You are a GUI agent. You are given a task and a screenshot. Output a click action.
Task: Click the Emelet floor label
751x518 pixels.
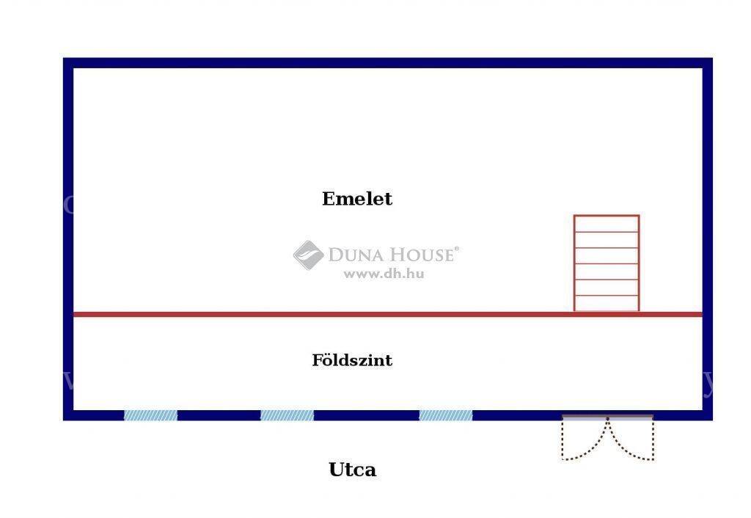[357, 198]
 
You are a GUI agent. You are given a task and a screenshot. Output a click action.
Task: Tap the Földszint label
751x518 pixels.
[352, 360]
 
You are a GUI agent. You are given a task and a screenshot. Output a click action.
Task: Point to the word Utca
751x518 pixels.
[353, 470]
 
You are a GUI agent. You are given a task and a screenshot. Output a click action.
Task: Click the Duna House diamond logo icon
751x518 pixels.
[309, 255]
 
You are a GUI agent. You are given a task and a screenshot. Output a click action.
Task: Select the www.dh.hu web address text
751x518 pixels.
[384, 274]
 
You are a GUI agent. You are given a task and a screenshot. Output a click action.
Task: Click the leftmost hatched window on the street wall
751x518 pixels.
[150, 415]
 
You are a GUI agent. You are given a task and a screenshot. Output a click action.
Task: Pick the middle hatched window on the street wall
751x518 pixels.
[287, 415]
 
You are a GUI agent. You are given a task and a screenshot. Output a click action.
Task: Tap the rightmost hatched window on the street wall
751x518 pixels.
[445, 415]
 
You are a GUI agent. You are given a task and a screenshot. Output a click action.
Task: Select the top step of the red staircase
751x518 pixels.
[607, 224]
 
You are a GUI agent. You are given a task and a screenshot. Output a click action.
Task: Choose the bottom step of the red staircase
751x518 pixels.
[607, 303]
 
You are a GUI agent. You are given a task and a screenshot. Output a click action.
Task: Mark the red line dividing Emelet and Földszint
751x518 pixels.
[388, 314]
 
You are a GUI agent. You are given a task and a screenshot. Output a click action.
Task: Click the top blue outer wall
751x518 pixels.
[388, 63]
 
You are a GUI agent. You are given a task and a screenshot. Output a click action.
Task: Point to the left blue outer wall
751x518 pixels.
[68, 239]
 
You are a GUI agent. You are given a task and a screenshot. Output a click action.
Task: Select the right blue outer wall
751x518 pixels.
[708, 239]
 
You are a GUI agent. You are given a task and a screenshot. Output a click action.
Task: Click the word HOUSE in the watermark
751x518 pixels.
[420, 255]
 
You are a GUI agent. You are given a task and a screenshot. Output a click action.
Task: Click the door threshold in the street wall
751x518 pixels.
[607, 417]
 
